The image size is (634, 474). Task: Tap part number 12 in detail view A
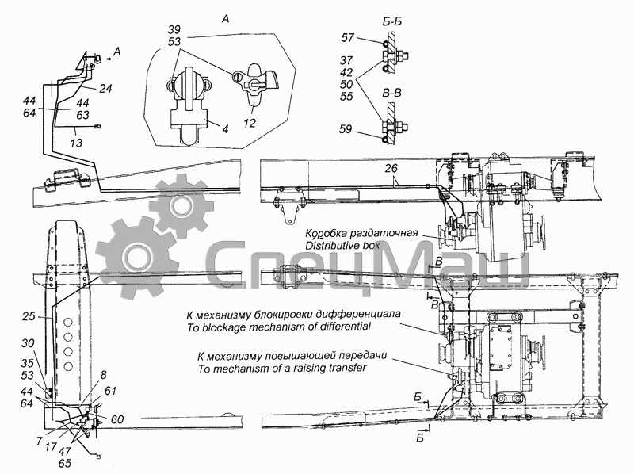tap(250, 122)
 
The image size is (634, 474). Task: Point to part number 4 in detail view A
tap(225, 128)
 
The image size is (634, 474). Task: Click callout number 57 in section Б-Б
tap(347, 37)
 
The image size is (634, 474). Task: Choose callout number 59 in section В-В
tap(346, 129)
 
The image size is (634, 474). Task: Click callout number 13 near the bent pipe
tap(76, 143)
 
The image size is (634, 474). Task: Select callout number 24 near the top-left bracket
tap(105, 88)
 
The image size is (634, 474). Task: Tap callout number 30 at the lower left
tap(28, 343)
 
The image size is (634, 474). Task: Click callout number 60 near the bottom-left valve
tap(116, 419)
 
